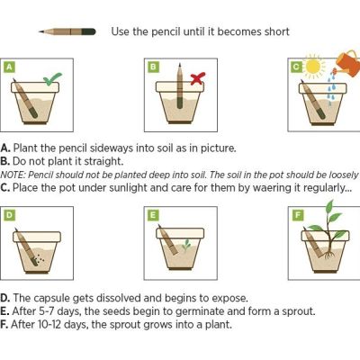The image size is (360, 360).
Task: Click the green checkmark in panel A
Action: coord(52,79)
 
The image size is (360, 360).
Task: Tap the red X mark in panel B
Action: coord(198,78)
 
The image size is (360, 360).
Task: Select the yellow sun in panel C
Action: coord(315,66)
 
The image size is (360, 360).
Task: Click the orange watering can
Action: coord(348,61)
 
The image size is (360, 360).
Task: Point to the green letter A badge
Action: coord(9,67)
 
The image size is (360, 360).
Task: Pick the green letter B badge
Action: coord(153,67)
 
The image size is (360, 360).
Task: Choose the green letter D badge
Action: coord(9,215)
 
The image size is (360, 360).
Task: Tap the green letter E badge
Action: coord(153,215)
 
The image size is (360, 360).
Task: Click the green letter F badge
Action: coord(299,215)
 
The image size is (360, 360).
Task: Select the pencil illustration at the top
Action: coord(67,31)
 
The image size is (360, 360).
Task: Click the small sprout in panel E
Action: coord(186,244)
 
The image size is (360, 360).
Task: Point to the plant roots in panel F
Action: coord(329,255)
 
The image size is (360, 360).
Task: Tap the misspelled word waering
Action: coord(277,188)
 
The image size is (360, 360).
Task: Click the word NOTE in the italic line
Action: coord(13,175)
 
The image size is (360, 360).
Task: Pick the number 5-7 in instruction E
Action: coord(47,311)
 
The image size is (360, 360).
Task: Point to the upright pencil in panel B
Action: coord(180,85)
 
